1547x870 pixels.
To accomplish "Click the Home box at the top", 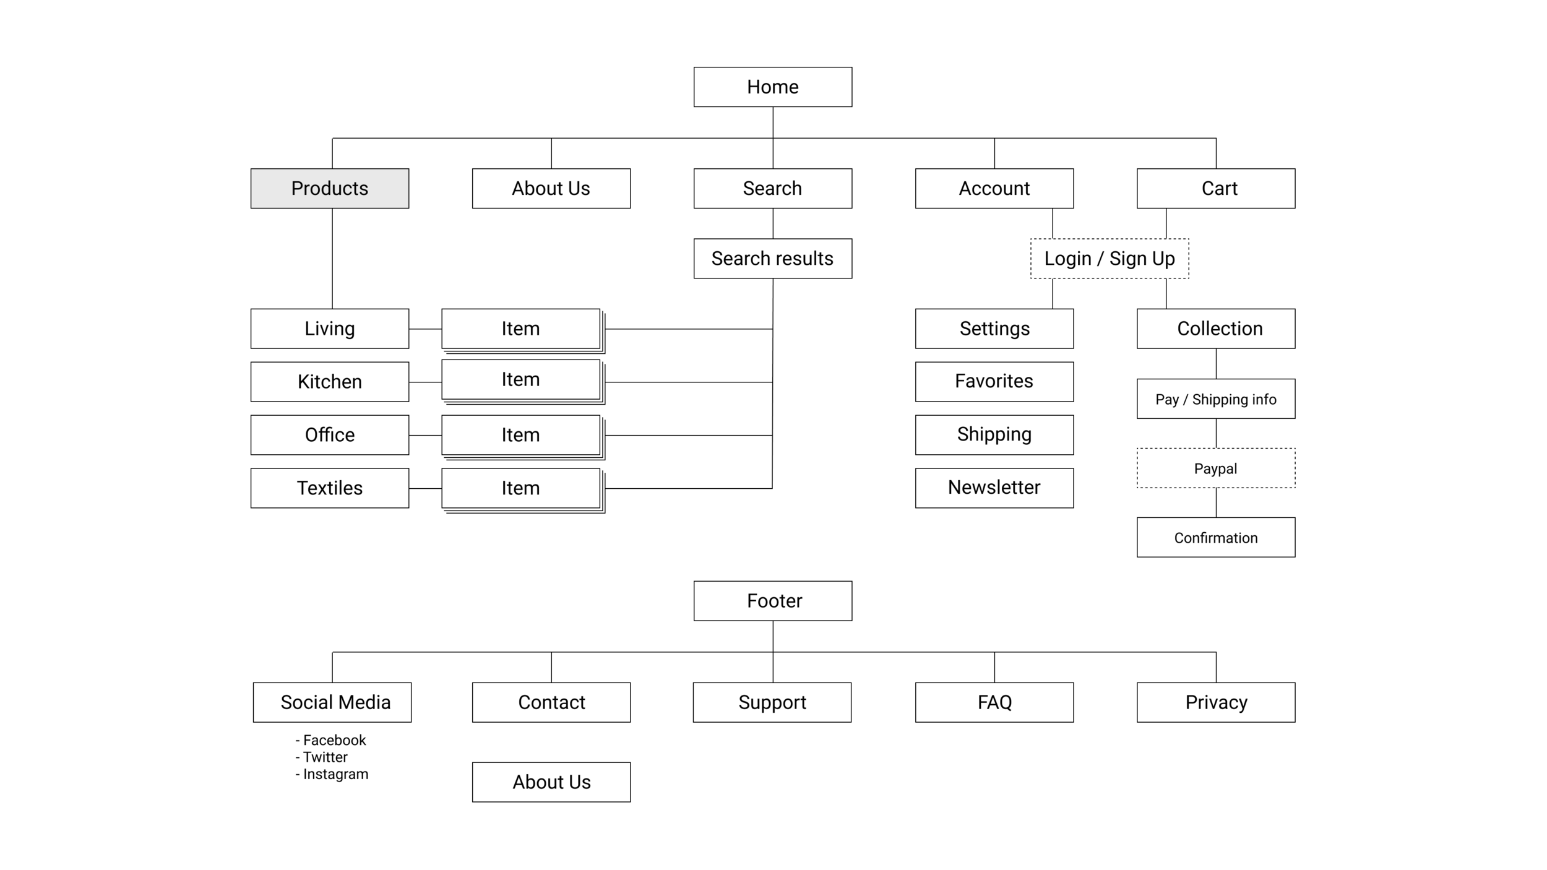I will click(772, 87).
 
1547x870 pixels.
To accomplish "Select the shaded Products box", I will click(330, 188).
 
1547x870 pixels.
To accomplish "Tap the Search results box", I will click(772, 259).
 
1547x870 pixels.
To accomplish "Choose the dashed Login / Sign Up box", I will click(1109, 259).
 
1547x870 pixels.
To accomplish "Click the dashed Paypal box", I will click(1215, 468).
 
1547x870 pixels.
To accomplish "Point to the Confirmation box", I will click(1215, 538).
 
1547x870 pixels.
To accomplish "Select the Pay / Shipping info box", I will click(1215, 399).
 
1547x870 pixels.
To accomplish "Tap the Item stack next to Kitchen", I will click(520, 379).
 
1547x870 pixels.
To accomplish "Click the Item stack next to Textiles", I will click(520, 488).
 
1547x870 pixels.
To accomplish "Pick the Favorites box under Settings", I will click(994, 381).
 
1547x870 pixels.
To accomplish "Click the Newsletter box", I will click(994, 488).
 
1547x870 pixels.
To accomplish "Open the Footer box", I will click(772, 601).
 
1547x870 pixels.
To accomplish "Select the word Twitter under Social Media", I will click(325, 757).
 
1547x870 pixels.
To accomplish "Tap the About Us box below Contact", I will click(551, 782).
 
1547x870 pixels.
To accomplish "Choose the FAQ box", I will click(994, 702).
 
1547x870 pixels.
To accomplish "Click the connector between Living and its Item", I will click(425, 329).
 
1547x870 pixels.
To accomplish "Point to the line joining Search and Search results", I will click(773, 223).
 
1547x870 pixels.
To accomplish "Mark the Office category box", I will click(330, 435).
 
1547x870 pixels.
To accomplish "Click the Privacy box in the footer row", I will click(1215, 702).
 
